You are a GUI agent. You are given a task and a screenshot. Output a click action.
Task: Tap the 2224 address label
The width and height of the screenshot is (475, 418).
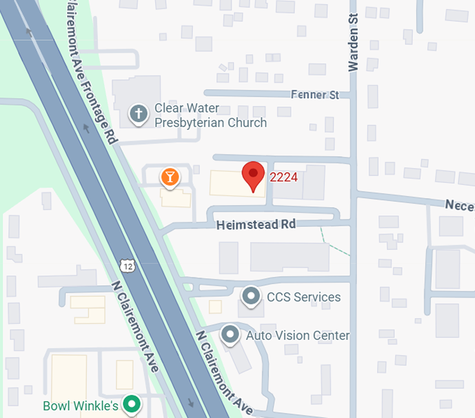(x=284, y=177)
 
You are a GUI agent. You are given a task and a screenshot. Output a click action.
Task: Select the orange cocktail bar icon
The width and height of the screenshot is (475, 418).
(x=169, y=177)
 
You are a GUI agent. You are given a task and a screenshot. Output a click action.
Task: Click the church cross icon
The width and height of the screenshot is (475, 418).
(x=137, y=115)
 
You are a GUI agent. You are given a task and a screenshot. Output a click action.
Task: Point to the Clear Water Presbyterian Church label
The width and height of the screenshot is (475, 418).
(x=210, y=115)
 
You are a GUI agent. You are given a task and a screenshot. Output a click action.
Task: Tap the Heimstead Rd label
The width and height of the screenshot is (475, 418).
(x=256, y=224)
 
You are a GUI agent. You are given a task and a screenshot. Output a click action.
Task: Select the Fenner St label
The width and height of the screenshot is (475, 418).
(x=314, y=95)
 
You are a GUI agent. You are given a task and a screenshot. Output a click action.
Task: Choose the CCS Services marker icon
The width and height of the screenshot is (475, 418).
(x=250, y=297)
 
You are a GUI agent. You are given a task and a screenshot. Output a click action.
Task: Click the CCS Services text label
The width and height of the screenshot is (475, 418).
(x=303, y=297)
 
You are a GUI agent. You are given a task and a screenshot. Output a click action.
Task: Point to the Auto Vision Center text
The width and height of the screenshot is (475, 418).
(x=298, y=335)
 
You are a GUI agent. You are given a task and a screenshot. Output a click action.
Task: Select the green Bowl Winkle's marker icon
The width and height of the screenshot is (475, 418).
(x=132, y=405)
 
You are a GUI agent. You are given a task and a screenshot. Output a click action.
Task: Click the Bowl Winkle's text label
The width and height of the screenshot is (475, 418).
(x=81, y=406)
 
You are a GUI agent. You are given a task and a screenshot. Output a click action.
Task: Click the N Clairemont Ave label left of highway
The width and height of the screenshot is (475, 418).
(x=135, y=326)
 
